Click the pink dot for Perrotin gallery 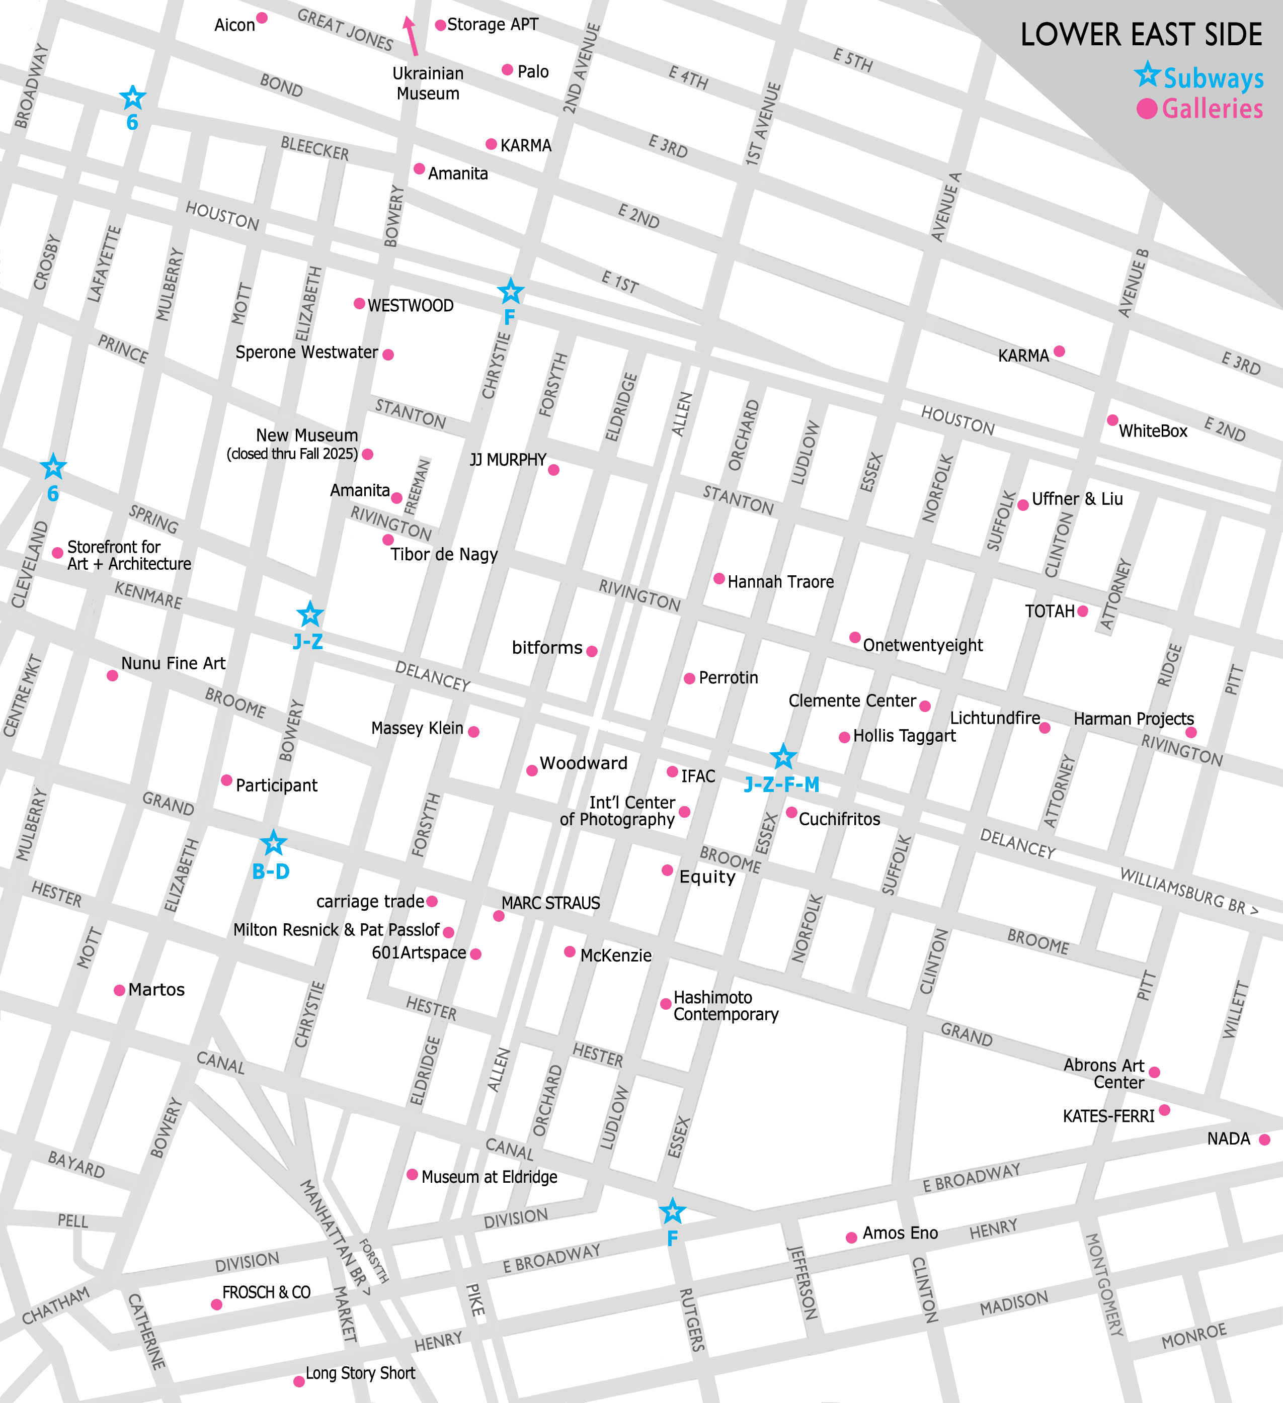pyautogui.click(x=689, y=678)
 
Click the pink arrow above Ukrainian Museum pyautogui.click(x=411, y=35)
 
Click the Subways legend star pyautogui.click(x=1147, y=74)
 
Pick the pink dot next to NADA pyautogui.click(x=1264, y=1139)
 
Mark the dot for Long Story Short pyautogui.click(x=299, y=1381)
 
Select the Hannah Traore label pyautogui.click(x=780, y=582)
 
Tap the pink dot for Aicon pyautogui.click(x=262, y=18)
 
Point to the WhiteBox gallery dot pyautogui.click(x=1112, y=420)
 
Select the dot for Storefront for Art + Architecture pyautogui.click(x=58, y=553)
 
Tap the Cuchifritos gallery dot pyautogui.click(x=791, y=813)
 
